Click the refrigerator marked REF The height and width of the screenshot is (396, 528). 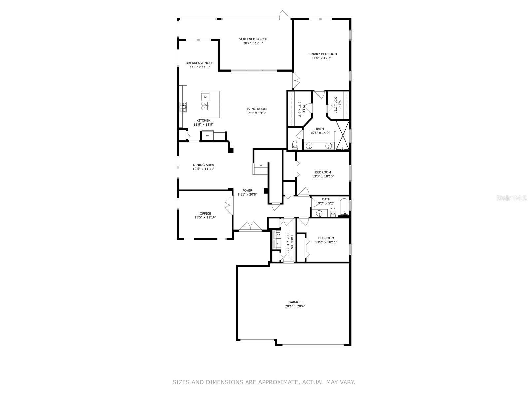[208, 135]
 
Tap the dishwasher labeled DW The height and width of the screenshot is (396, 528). [205, 97]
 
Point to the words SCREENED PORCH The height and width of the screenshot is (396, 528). [253, 39]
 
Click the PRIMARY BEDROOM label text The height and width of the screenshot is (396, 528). [321, 54]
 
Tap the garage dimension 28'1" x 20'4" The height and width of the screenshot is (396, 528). [295, 306]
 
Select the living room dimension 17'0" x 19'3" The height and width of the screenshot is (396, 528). [256, 113]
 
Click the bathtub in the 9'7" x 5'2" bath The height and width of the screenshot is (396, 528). [344, 207]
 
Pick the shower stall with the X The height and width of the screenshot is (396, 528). [342, 135]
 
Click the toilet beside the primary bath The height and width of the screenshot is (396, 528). [295, 144]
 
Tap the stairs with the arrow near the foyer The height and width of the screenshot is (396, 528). [261, 169]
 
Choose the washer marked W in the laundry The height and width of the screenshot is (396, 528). [278, 235]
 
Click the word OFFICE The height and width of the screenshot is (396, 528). [205, 214]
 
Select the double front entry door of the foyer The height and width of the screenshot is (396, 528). [250, 227]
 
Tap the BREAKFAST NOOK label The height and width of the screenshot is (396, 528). [200, 63]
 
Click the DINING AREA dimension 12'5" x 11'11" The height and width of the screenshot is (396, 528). [204, 169]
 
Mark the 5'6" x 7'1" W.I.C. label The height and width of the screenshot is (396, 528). [336, 105]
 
